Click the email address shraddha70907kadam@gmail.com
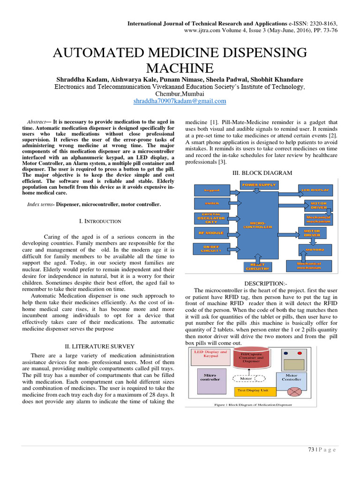click(180, 101)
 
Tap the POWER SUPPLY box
click(258, 185)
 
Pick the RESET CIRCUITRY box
click(257, 266)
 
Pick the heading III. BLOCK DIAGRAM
click(262, 173)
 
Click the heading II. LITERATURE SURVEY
click(99, 346)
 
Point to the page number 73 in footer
click(310, 450)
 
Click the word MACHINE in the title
click(180, 67)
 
